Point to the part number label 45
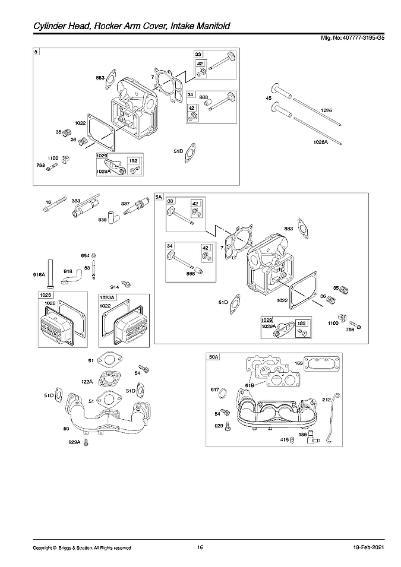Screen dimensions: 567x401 269,98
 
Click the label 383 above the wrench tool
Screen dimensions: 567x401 75,201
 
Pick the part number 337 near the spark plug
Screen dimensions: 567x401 126,203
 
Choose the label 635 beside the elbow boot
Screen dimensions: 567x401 103,218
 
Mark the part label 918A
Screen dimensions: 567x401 39,274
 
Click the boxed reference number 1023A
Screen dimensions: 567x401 107,295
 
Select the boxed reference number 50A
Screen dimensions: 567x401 214,357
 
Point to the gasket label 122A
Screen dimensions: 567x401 87,382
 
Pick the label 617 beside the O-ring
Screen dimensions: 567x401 215,389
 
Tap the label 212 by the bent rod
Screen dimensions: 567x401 326,400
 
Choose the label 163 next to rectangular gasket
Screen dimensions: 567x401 298,363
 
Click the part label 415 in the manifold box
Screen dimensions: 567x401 284,440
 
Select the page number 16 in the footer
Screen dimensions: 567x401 200,547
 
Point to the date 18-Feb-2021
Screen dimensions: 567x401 358,547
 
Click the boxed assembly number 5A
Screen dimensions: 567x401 159,197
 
